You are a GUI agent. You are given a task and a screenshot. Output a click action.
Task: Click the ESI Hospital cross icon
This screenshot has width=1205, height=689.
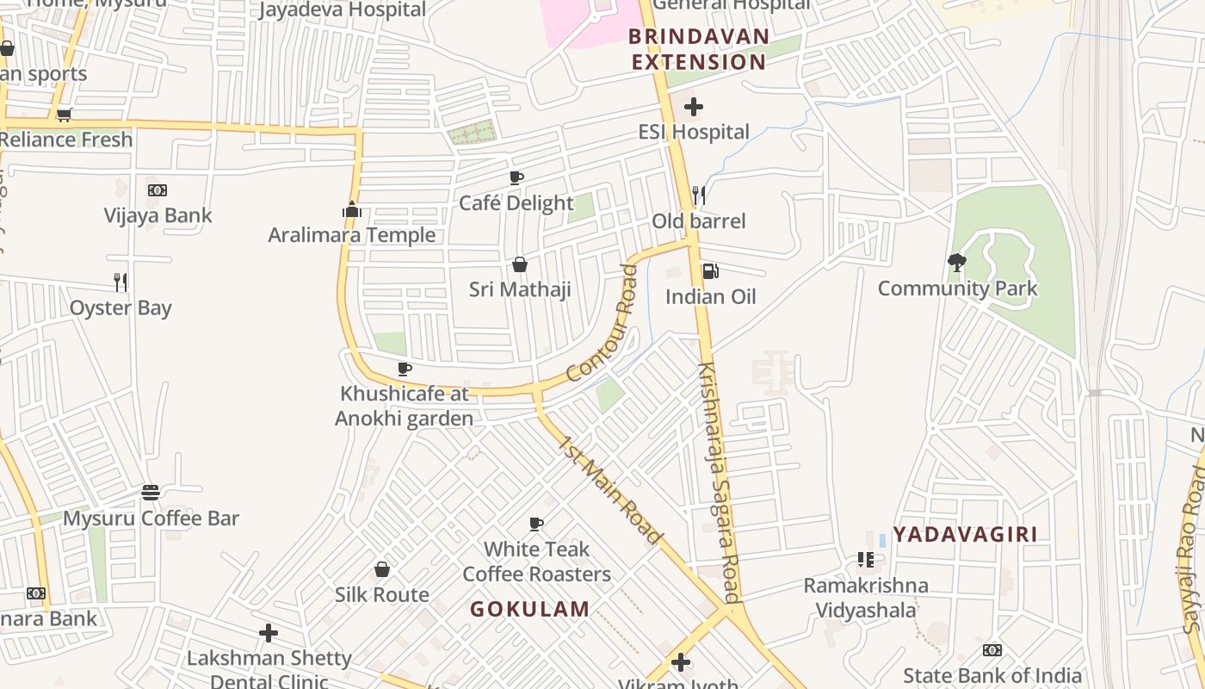click(694, 108)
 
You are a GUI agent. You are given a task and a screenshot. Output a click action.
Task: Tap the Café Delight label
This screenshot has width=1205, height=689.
click(516, 203)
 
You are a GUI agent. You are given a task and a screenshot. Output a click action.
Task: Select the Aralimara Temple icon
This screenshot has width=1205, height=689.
click(351, 210)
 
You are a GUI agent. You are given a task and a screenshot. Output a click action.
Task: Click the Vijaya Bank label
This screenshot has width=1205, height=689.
click(158, 215)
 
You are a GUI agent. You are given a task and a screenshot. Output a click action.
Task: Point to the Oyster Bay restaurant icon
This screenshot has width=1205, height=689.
click(120, 282)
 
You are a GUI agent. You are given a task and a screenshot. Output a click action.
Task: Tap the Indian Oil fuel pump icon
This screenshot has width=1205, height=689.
click(711, 271)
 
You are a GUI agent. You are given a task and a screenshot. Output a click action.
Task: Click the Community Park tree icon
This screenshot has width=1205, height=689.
click(956, 263)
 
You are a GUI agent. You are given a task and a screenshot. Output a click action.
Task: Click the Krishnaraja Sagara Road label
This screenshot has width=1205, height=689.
click(719, 482)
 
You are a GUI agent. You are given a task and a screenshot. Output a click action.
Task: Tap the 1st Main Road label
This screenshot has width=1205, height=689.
click(612, 491)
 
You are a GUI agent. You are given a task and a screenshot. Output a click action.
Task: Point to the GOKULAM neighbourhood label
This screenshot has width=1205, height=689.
click(530, 609)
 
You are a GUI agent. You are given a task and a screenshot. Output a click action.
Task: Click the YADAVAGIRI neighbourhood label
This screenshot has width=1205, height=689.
click(965, 534)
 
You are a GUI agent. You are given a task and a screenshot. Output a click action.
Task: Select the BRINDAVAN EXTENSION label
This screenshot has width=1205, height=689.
click(698, 49)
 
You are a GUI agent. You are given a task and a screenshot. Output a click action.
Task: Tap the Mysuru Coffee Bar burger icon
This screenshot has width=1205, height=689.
click(151, 493)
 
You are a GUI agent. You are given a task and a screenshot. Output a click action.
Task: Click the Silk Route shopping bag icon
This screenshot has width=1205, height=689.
click(382, 569)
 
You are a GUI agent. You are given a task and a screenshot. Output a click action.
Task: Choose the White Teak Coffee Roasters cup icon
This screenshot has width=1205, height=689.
click(536, 524)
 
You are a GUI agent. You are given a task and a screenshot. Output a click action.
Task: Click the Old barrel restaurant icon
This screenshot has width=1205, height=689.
click(699, 196)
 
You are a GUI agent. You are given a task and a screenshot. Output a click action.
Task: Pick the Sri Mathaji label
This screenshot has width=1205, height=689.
click(520, 289)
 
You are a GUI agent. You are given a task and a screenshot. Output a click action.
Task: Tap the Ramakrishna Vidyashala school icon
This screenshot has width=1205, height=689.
click(866, 561)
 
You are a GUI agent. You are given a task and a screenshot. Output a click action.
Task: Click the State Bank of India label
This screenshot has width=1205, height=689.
click(992, 676)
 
